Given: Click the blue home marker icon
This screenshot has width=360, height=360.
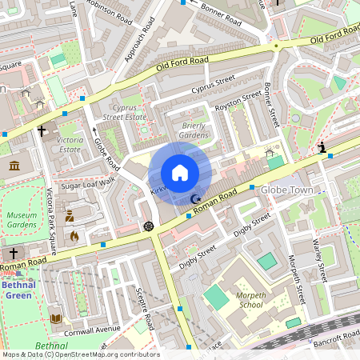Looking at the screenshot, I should (180, 173).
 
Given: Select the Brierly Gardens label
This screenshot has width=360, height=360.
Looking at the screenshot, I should (194, 130).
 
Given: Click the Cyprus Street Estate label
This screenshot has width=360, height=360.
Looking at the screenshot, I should (124, 111).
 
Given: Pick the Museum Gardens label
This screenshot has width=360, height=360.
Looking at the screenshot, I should (22, 221).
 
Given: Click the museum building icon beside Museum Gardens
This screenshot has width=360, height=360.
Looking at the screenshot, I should (14, 166).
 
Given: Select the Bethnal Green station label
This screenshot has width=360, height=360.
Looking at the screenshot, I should (18, 288).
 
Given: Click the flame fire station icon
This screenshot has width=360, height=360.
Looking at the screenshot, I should (74, 236).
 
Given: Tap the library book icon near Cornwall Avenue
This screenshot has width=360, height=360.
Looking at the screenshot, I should (55, 318).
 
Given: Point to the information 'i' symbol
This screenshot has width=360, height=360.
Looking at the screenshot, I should (322, 148).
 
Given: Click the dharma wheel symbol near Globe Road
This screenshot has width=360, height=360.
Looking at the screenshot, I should (147, 226).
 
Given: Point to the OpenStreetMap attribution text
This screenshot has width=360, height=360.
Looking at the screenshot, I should (80, 354).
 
